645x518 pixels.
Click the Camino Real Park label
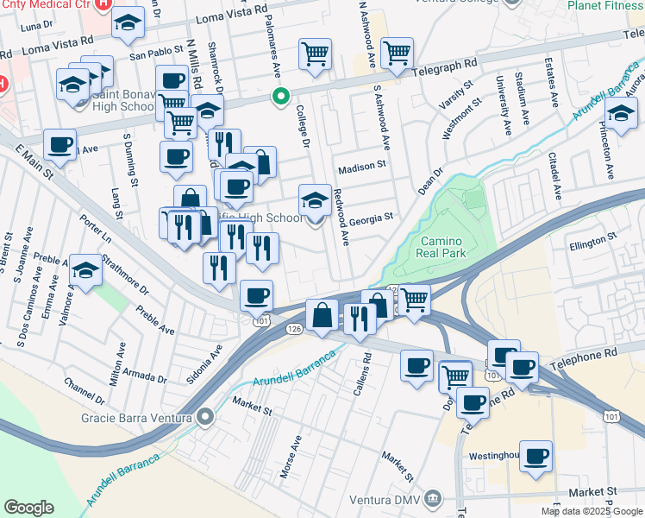coord(442,247)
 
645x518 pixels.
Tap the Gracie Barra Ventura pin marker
coord(205,419)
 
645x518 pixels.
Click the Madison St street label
coord(360,169)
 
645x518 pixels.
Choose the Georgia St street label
coord(371,218)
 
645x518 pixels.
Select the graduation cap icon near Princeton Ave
coord(621,113)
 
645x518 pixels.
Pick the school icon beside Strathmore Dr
coord(86,271)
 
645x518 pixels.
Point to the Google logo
coord(28,508)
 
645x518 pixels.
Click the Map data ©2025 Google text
coord(591,511)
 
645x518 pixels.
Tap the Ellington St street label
coord(592,244)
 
